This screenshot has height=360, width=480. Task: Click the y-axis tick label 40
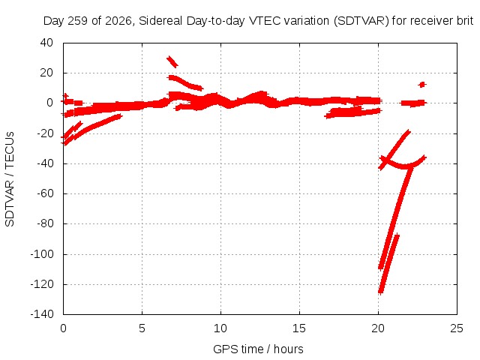click(46, 43)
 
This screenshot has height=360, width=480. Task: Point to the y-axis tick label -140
click(42, 313)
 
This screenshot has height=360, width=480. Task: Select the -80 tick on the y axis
click(45, 223)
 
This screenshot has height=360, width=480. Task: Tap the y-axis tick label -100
click(42, 253)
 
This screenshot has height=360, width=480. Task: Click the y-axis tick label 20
click(46, 73)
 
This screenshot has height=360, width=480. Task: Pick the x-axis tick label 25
click(457, 328)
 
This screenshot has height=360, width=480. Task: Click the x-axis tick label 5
click(142, 328)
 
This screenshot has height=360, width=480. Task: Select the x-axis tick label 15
click(299, 328)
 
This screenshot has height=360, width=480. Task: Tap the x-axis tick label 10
click(220, 328)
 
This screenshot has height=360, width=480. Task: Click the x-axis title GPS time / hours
click(258, 349)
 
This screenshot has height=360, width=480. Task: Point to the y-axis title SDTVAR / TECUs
click(10, 179)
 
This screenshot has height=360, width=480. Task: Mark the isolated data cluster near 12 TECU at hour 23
click(422, 85)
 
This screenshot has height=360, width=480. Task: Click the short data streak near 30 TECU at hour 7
click(172, 61)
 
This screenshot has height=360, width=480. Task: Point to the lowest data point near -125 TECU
click(381, 292)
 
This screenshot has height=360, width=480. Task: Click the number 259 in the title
click(77, 21)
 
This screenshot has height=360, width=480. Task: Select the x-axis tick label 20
click(378, 328)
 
